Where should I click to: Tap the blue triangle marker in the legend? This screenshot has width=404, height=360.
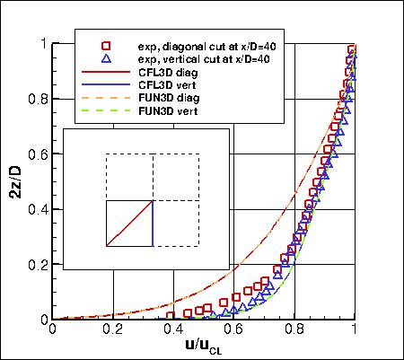click(106, 59)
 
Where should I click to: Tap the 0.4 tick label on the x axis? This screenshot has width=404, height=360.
click(174, 329)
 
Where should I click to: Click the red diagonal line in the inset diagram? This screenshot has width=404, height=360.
click(129, 223)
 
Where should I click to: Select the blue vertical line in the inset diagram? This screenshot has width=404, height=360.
click(153, 223)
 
